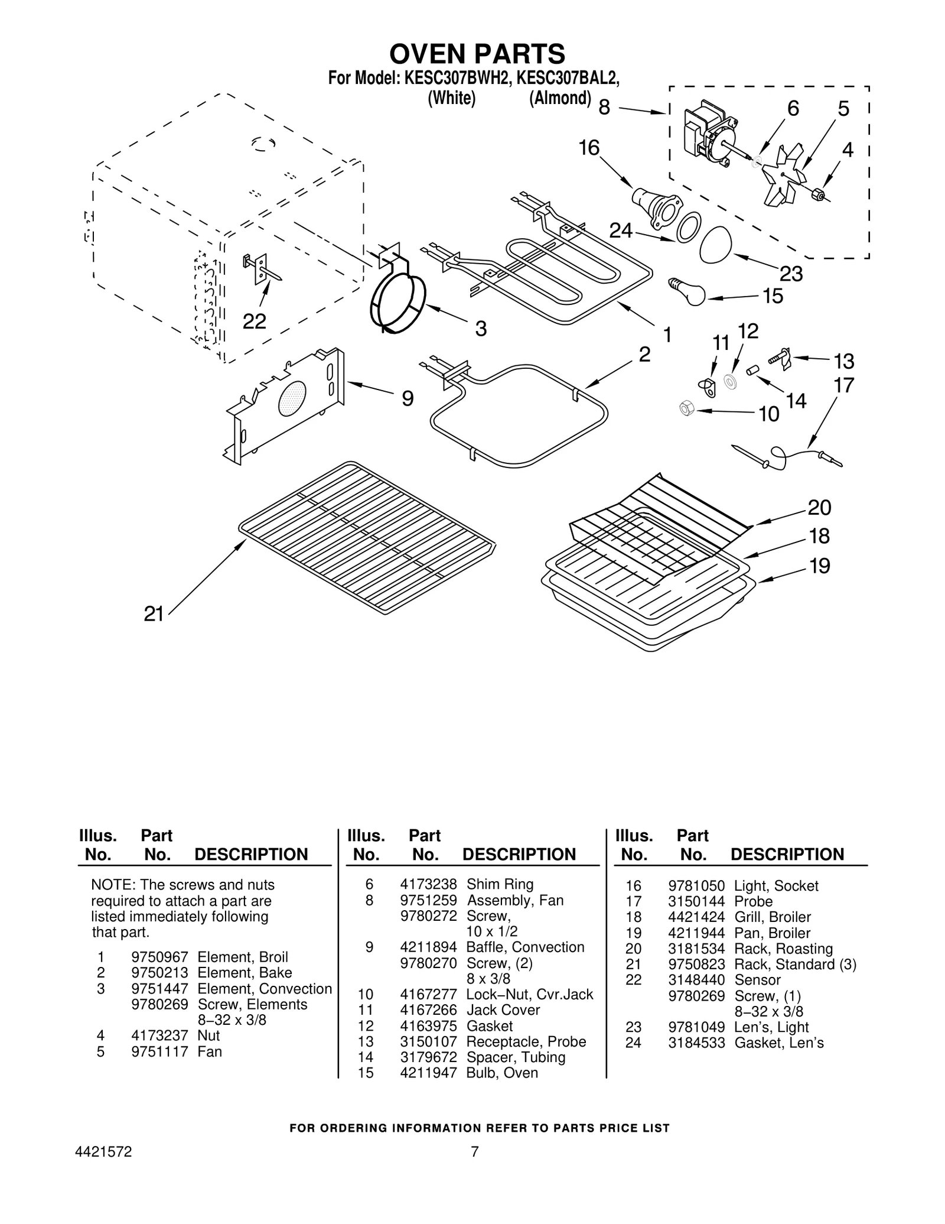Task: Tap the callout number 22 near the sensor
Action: coord(255,322)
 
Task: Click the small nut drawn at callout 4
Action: coord(819,194)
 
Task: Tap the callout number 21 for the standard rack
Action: coord(154,614)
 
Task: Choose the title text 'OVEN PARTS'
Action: coord(477,54)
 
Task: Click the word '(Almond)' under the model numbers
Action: coord(559,98)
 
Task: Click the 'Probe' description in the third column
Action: coord(753,901)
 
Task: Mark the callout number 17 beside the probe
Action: coord(844,385)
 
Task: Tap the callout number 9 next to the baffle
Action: coord(408,399)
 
